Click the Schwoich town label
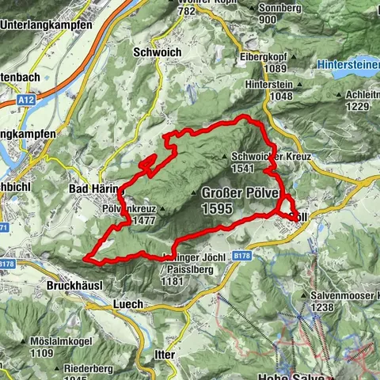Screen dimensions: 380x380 click(158, 52)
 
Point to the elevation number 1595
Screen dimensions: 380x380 click(216, 208)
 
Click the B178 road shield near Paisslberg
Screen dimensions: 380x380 click(242, 256)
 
